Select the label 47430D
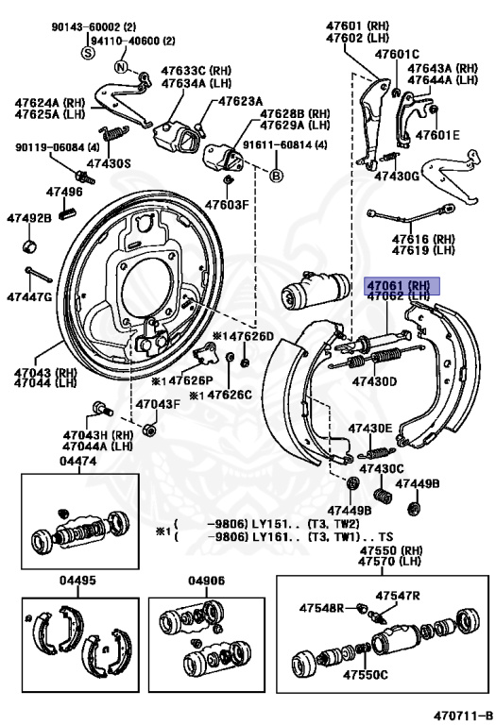click(375, 381)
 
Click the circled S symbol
click(89, 54)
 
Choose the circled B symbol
click(277, 176)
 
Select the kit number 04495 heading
click(78, 581)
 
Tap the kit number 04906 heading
click(206, 581)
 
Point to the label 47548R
click(321, 608)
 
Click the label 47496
click(66, 192)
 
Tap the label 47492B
click(29, 218)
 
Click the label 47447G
click(29, 296)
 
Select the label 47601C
click(396, 54)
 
